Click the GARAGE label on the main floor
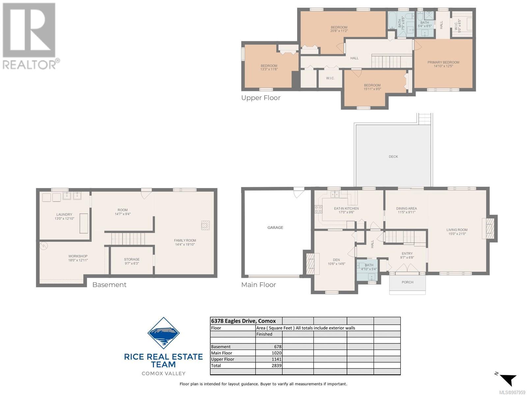tap(275, 227)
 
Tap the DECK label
tap(393, 157)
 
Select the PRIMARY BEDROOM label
tap(443, 62)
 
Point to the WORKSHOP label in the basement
tap(78, 256)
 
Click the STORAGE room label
tap(131, 259)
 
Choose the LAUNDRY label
tap(64, 214)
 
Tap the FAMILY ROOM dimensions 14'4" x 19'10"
tap(185, 244)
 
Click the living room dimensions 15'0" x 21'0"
tap(457, 234)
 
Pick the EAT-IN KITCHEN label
tap(346, 208)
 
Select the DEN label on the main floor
tap(336, 260)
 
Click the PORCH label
tap(407, 282)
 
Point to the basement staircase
tap(128, 239)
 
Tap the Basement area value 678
tap(278, 347)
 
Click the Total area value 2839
tap(277, 365)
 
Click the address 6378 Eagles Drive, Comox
tap(243, 321)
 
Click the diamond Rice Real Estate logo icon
tap(163, 333)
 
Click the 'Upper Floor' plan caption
tap(261, 98)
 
